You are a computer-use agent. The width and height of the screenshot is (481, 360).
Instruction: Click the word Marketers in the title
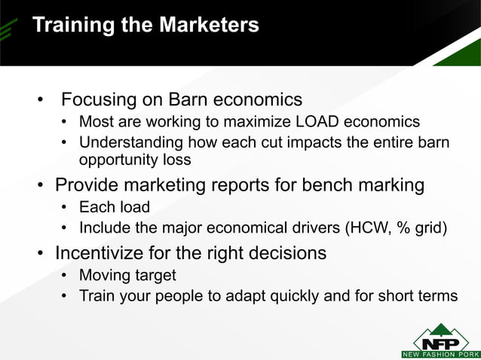208,26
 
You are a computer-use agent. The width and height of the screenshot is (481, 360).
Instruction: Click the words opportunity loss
135,160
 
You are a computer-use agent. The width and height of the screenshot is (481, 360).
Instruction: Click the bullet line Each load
115,206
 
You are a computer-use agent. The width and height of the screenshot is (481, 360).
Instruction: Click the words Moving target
127,275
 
